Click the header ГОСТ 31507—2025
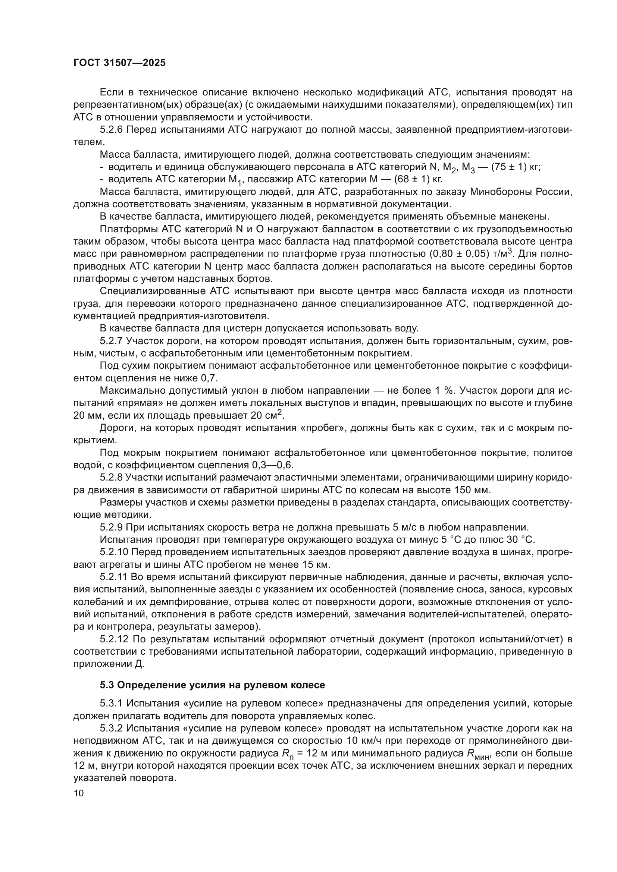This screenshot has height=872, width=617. tap(119, 63)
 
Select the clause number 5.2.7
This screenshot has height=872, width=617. tap(111, 341)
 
